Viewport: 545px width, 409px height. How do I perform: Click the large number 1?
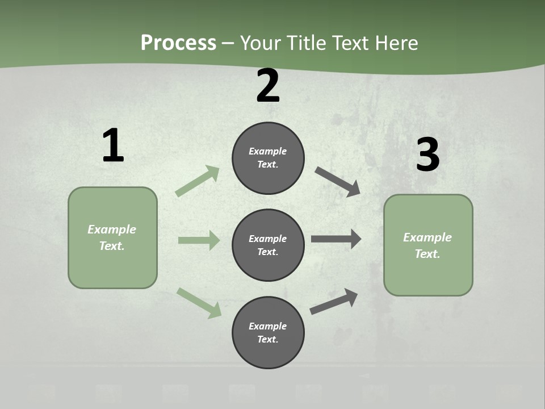[113, 146]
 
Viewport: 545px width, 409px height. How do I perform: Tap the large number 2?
[268, 86]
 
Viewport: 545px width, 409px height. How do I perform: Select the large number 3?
[427, 155]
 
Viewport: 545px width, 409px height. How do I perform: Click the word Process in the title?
[178, 43]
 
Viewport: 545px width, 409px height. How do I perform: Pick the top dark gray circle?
[268, 158]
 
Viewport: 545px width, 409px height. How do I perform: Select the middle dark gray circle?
[268, 245]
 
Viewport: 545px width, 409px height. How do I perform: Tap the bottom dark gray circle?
[268, 332]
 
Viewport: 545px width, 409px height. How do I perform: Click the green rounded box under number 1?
[112, 237]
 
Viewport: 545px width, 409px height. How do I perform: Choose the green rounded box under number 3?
[428, 245]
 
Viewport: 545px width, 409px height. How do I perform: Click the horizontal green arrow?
[199, 240]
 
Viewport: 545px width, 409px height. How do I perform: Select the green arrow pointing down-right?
[199, 302]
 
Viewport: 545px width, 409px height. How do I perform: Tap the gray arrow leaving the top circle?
[338, 181]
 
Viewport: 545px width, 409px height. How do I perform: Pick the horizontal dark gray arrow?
[336, 239]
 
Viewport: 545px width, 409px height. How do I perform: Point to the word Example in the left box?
[112, 229]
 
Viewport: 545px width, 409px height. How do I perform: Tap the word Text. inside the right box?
[427, 254]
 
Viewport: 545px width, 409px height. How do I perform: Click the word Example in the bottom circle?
[267, 326]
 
